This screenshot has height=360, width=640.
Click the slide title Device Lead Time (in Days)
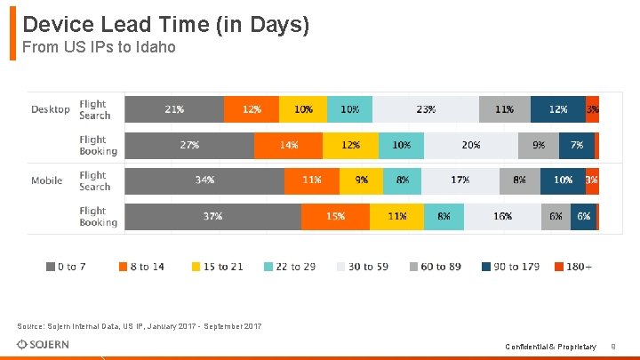tap(165, 25)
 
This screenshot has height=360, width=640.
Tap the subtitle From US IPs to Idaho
tap(99, 47)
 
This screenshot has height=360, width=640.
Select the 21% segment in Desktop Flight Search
tap(174, 109)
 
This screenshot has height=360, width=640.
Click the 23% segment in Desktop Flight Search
tap(425, 109)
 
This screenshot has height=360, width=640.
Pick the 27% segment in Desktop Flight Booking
tap(189, 145)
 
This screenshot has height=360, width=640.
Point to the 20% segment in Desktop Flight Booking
tap(470, 145)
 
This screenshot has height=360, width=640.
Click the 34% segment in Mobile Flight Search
tap(204, 180)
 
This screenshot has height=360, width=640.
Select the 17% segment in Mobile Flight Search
tap(460, 180)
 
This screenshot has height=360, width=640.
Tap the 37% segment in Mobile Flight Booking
tap(212, 216)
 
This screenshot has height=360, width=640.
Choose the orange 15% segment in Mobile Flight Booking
tap(335, 216)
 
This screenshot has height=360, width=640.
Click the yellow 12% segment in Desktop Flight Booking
tap(350, 145)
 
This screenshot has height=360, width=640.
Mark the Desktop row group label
tap(51, 109)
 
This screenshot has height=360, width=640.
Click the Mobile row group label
tap(47, 180)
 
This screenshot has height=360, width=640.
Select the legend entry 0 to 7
tap(66, 267)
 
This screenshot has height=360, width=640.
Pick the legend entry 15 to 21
tap(216, 267)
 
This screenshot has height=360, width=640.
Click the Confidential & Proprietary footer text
tap(550, 346)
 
